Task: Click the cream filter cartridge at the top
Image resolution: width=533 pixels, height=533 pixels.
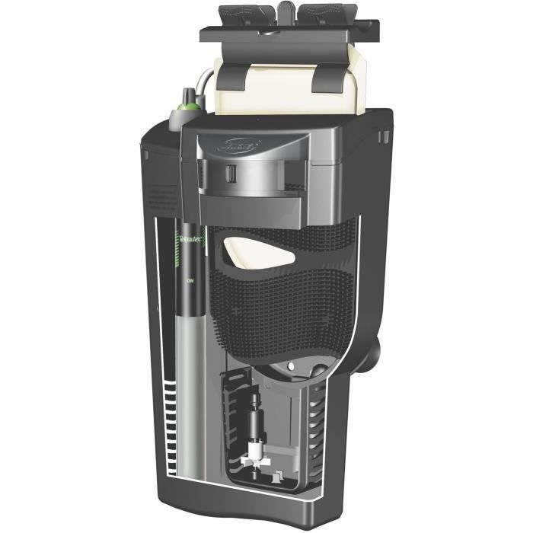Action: pyautogui.click(x=278, y=88)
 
